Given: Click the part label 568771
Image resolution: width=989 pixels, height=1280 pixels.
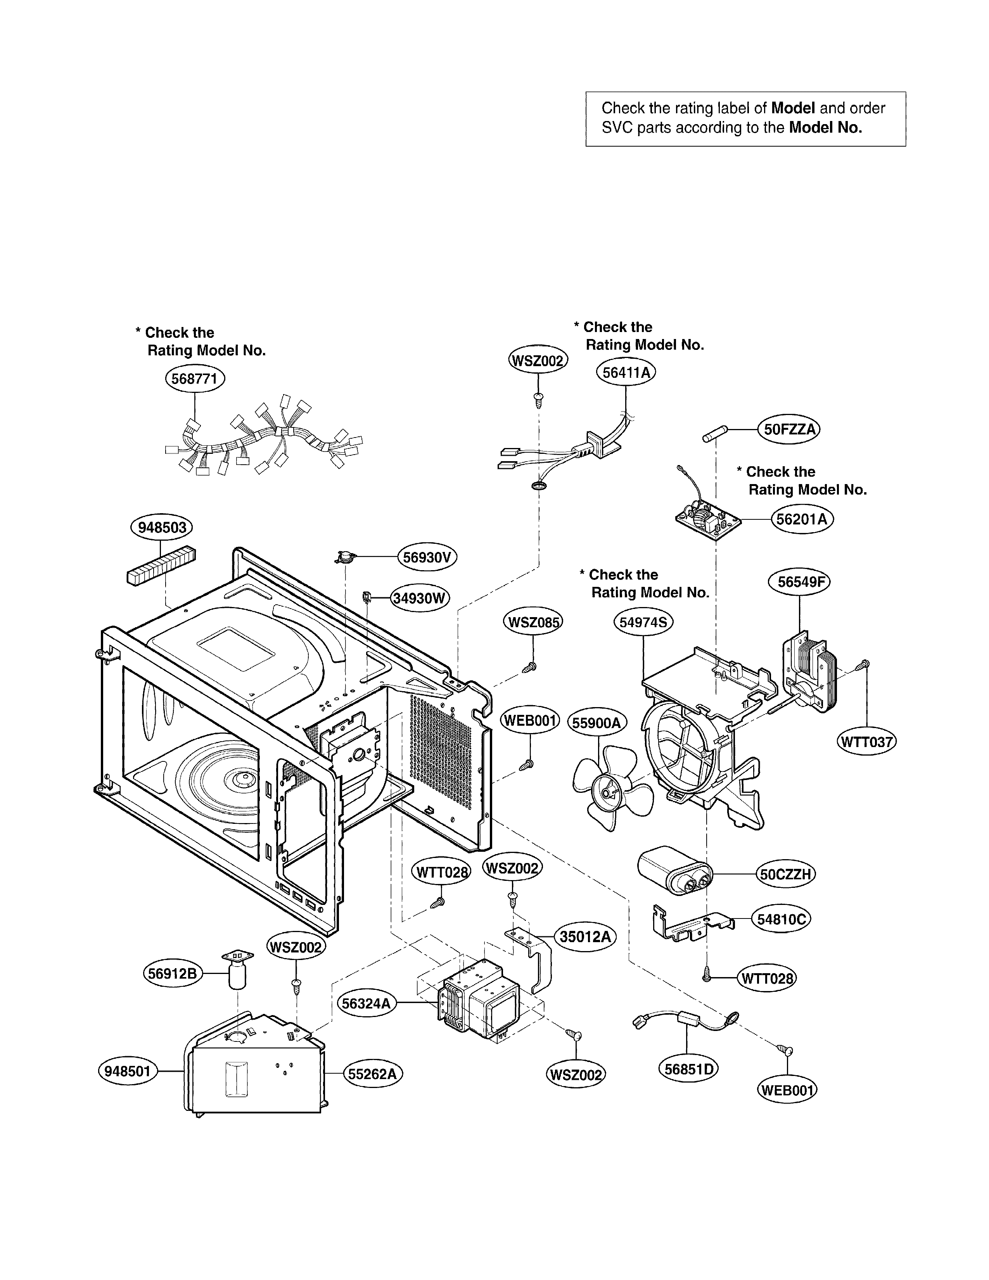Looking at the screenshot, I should pyautogui.click(x=195, y=379).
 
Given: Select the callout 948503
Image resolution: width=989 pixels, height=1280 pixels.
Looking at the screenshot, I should pyautogui.click(x=161, y=528).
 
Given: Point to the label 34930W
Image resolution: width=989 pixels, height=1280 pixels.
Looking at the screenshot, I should pyautogui.click(x=420, y=598).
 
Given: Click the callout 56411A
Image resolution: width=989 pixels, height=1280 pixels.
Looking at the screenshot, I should pyautogui.click(x=626, y=373).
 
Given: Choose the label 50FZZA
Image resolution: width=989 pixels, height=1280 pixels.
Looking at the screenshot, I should pyautogui.click(x=789, y=430).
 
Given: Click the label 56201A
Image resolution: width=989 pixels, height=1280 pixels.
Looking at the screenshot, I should pyautogui.click(x=802, y=519).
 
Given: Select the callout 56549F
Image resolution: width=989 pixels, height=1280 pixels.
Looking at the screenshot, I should pyautogui.click(x=800, y=582).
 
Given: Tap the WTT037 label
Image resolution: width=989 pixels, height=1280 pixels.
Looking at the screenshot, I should pyautogui.click(x=866, y=742).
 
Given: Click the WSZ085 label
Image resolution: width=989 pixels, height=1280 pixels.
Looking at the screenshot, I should pyautogui.click(x=533, y=622).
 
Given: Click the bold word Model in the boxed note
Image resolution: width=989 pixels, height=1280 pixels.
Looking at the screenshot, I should pyautogui.click(x=793, y=108).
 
